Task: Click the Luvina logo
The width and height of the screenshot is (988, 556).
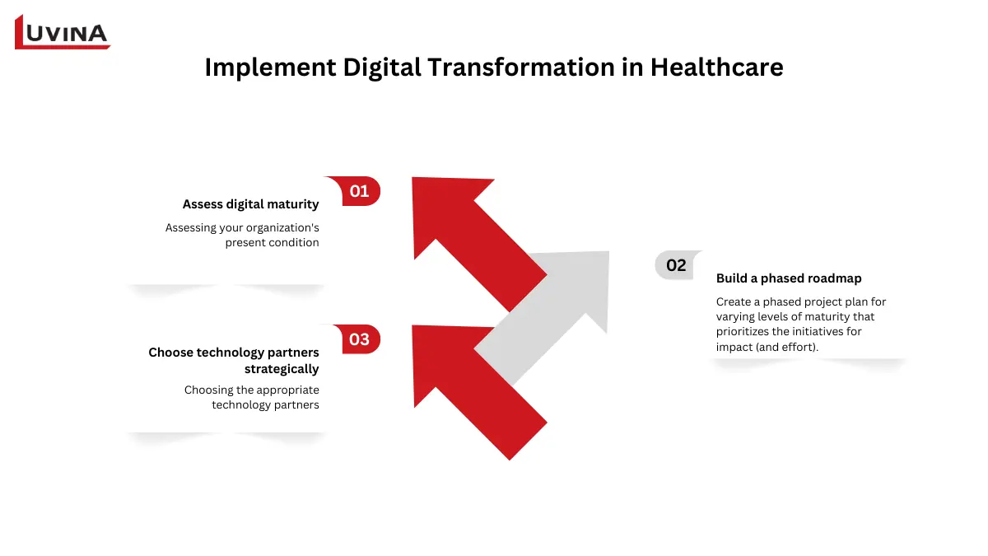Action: tap(63, 32)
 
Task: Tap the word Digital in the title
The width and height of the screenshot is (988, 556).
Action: tap(380, 67)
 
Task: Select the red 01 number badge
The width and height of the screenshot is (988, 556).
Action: tap(359, 191)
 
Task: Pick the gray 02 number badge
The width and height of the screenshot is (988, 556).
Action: tap(676, 265)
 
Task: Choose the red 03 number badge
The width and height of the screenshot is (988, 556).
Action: tap(359, 339)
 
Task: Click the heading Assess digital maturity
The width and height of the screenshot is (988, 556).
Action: tap(250, 204)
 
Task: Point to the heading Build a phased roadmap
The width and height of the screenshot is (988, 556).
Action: tap(789, 278)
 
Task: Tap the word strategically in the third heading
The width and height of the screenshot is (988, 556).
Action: tap(282, 369)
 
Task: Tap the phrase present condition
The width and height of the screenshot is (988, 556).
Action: tap(272, 242)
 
